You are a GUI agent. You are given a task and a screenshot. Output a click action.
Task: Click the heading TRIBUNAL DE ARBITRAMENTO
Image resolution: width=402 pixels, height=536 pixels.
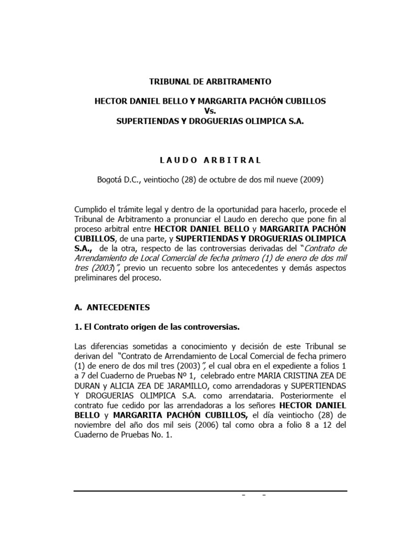210,82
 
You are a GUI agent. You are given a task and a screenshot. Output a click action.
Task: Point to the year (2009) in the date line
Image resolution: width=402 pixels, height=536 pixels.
312,180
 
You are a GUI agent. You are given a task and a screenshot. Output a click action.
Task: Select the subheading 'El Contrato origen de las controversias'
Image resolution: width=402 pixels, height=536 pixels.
157,327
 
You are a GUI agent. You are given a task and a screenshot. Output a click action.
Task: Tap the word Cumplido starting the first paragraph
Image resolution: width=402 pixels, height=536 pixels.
93,209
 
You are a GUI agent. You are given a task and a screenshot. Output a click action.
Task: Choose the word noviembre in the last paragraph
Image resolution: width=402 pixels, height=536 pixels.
93,425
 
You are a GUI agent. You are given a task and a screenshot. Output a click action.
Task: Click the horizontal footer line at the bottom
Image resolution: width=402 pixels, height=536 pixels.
210,491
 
